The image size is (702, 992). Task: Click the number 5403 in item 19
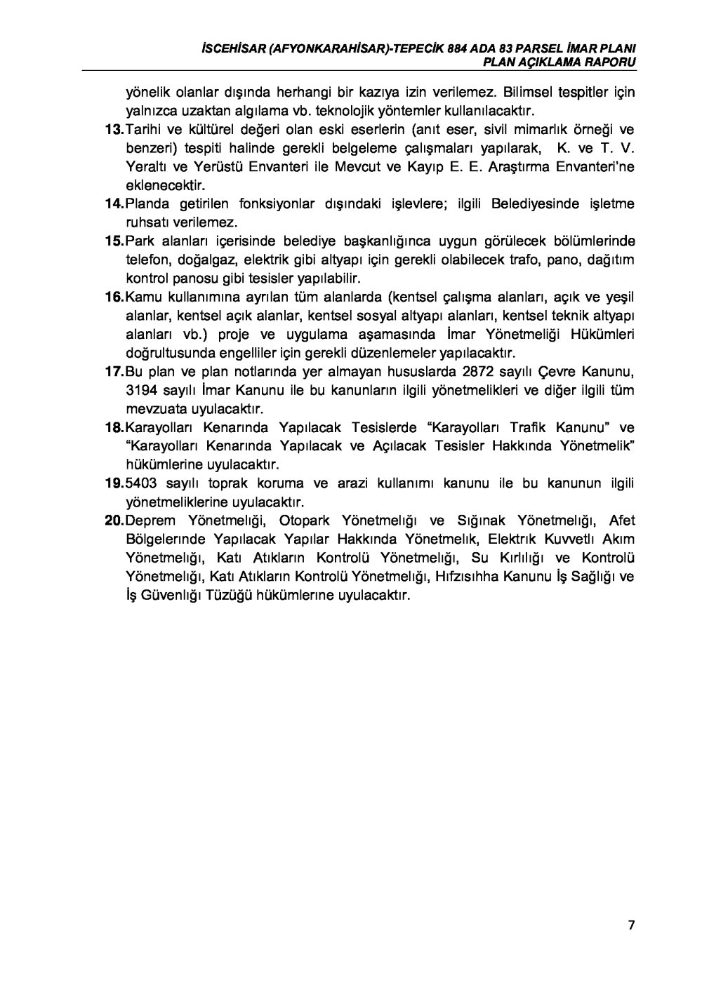click(x=141, y=483)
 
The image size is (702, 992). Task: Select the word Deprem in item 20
click(x=150, y=521)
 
